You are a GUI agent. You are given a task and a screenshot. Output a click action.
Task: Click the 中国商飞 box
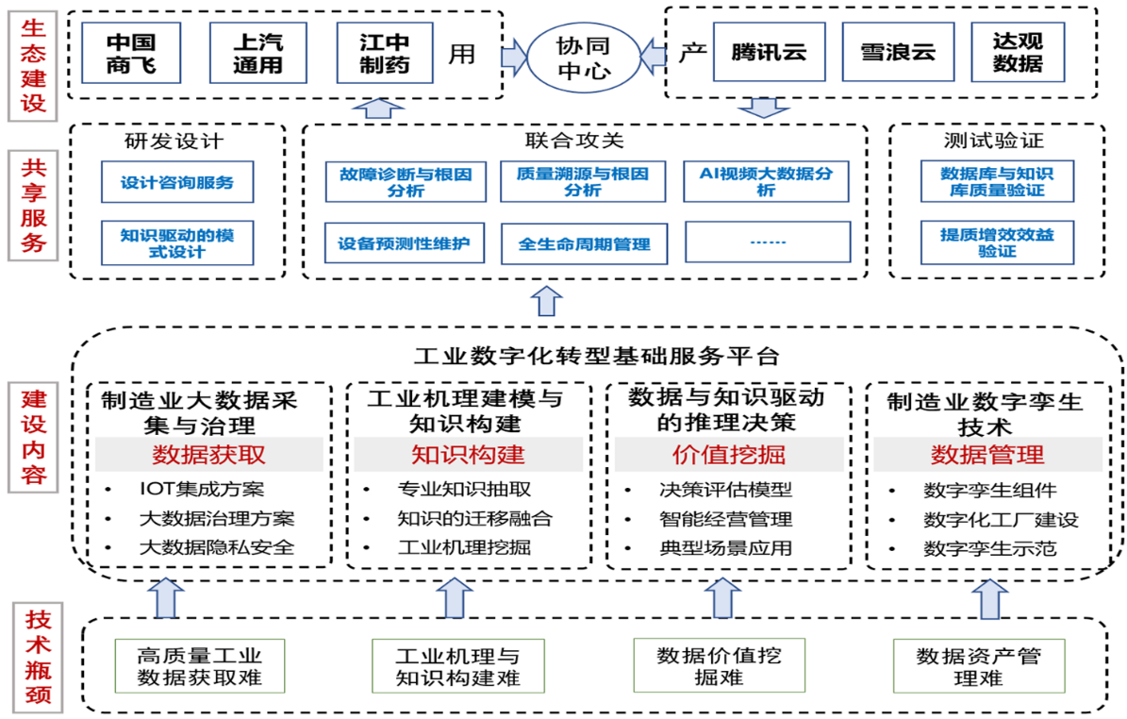[130, 54]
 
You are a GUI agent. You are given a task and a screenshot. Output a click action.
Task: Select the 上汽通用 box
[257, 54]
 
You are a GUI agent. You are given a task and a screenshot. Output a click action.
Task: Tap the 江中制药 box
[384, 54]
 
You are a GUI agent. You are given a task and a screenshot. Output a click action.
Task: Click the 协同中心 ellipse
[582, 57]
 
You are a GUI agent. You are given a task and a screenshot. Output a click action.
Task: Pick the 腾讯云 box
[768, 53]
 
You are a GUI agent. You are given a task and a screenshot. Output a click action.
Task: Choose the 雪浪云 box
[896, 53]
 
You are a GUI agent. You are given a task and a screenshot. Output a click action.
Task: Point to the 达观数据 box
[1018, 53]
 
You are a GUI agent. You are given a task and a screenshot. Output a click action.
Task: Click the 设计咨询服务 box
[177, 182]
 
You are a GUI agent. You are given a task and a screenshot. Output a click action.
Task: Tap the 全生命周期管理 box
[584, 243]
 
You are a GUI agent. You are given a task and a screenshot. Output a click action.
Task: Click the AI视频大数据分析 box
[766, 181]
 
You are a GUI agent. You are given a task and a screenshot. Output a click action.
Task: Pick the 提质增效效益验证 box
[997, 242]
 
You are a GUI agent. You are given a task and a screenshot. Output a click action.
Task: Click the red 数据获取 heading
[208, 455]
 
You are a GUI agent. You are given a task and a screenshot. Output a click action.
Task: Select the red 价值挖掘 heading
[728, 455]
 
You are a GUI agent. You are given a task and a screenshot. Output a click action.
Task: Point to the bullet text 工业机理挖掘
[464, 547]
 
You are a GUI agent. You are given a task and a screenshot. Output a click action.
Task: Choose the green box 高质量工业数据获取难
[199, 666]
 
